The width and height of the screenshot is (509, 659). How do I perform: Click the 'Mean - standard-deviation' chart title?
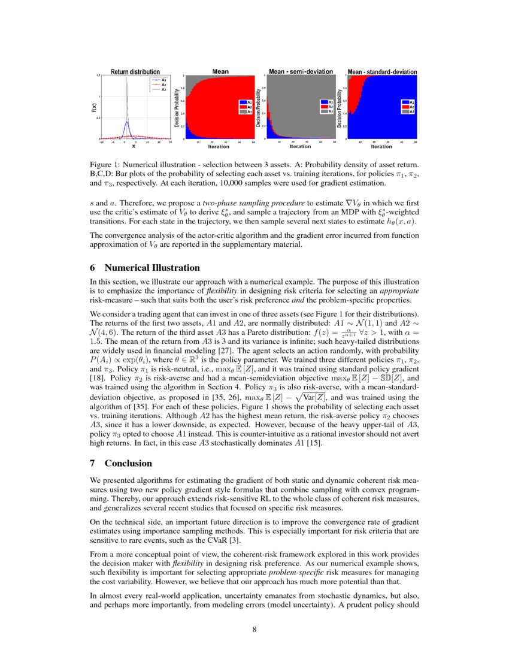[x=382, y=72]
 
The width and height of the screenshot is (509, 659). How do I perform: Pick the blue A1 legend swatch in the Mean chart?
[x=241, y=102]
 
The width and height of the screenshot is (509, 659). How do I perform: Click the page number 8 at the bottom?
[x=255, y=630]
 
